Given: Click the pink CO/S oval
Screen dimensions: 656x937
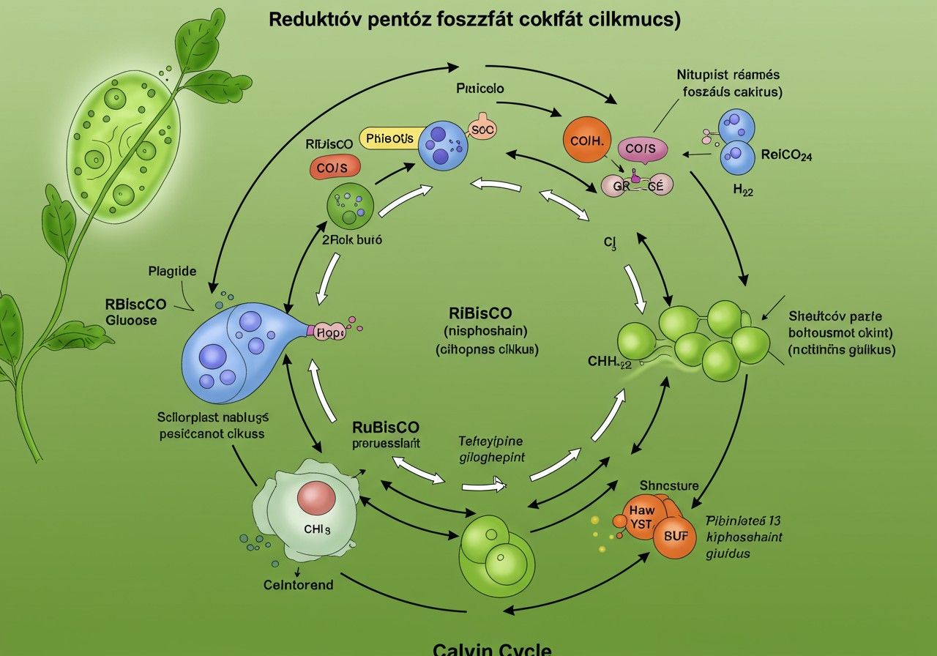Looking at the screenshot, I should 642,149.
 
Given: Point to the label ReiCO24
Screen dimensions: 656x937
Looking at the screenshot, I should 786,155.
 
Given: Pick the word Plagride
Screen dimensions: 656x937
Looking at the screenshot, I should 172,271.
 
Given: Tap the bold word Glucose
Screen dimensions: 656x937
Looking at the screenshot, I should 132,320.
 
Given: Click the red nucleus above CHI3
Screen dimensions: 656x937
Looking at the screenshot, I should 316,499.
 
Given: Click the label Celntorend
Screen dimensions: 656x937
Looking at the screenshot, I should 298,584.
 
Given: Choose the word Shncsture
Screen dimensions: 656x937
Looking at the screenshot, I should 669,485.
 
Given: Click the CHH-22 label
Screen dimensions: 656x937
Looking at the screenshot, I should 609,361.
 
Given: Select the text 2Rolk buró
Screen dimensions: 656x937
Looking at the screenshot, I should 352,239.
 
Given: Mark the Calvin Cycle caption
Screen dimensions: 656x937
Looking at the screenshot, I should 491,649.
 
